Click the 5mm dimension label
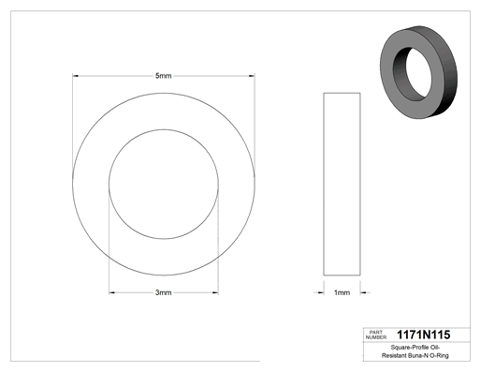(164, 76)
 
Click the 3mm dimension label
(164, 292)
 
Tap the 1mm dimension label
(342, 292)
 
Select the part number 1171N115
(423, 335)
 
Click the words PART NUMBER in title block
(376, 335)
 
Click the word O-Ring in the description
(439, 355)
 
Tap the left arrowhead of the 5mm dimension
(75, 76)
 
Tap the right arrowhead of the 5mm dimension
(252, 76)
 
